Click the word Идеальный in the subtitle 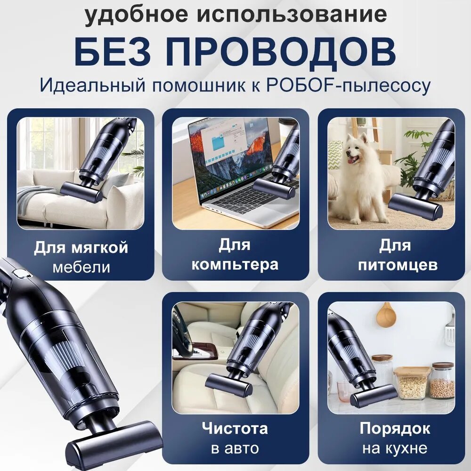93,86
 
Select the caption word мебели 81,267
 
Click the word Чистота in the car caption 235,428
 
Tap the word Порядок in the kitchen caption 395,429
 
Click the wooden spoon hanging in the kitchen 386,314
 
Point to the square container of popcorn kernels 412,382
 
